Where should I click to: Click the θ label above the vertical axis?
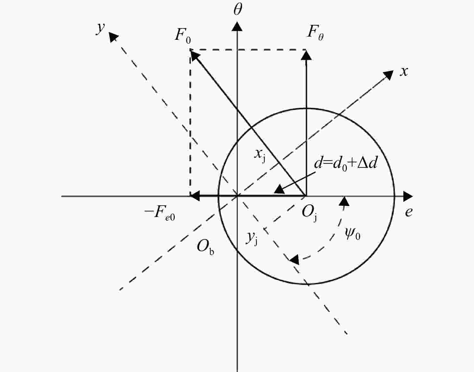[238, 10]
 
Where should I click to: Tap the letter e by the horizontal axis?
[409, 212]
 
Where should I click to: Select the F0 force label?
[183, 36]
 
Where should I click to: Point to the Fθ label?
[315, 34]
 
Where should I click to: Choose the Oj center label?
[310, 213]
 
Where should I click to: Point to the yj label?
[251, 238]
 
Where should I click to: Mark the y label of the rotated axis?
[100, 28]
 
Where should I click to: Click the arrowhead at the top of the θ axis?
[237, 26]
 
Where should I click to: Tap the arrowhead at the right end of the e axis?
[408, 196]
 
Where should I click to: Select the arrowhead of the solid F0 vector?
[195, 55]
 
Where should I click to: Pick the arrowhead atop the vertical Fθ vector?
[306, 55]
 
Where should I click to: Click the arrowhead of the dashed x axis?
[388, 75]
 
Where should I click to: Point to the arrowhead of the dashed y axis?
[113, 37]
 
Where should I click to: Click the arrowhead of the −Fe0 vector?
[195, 196]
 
